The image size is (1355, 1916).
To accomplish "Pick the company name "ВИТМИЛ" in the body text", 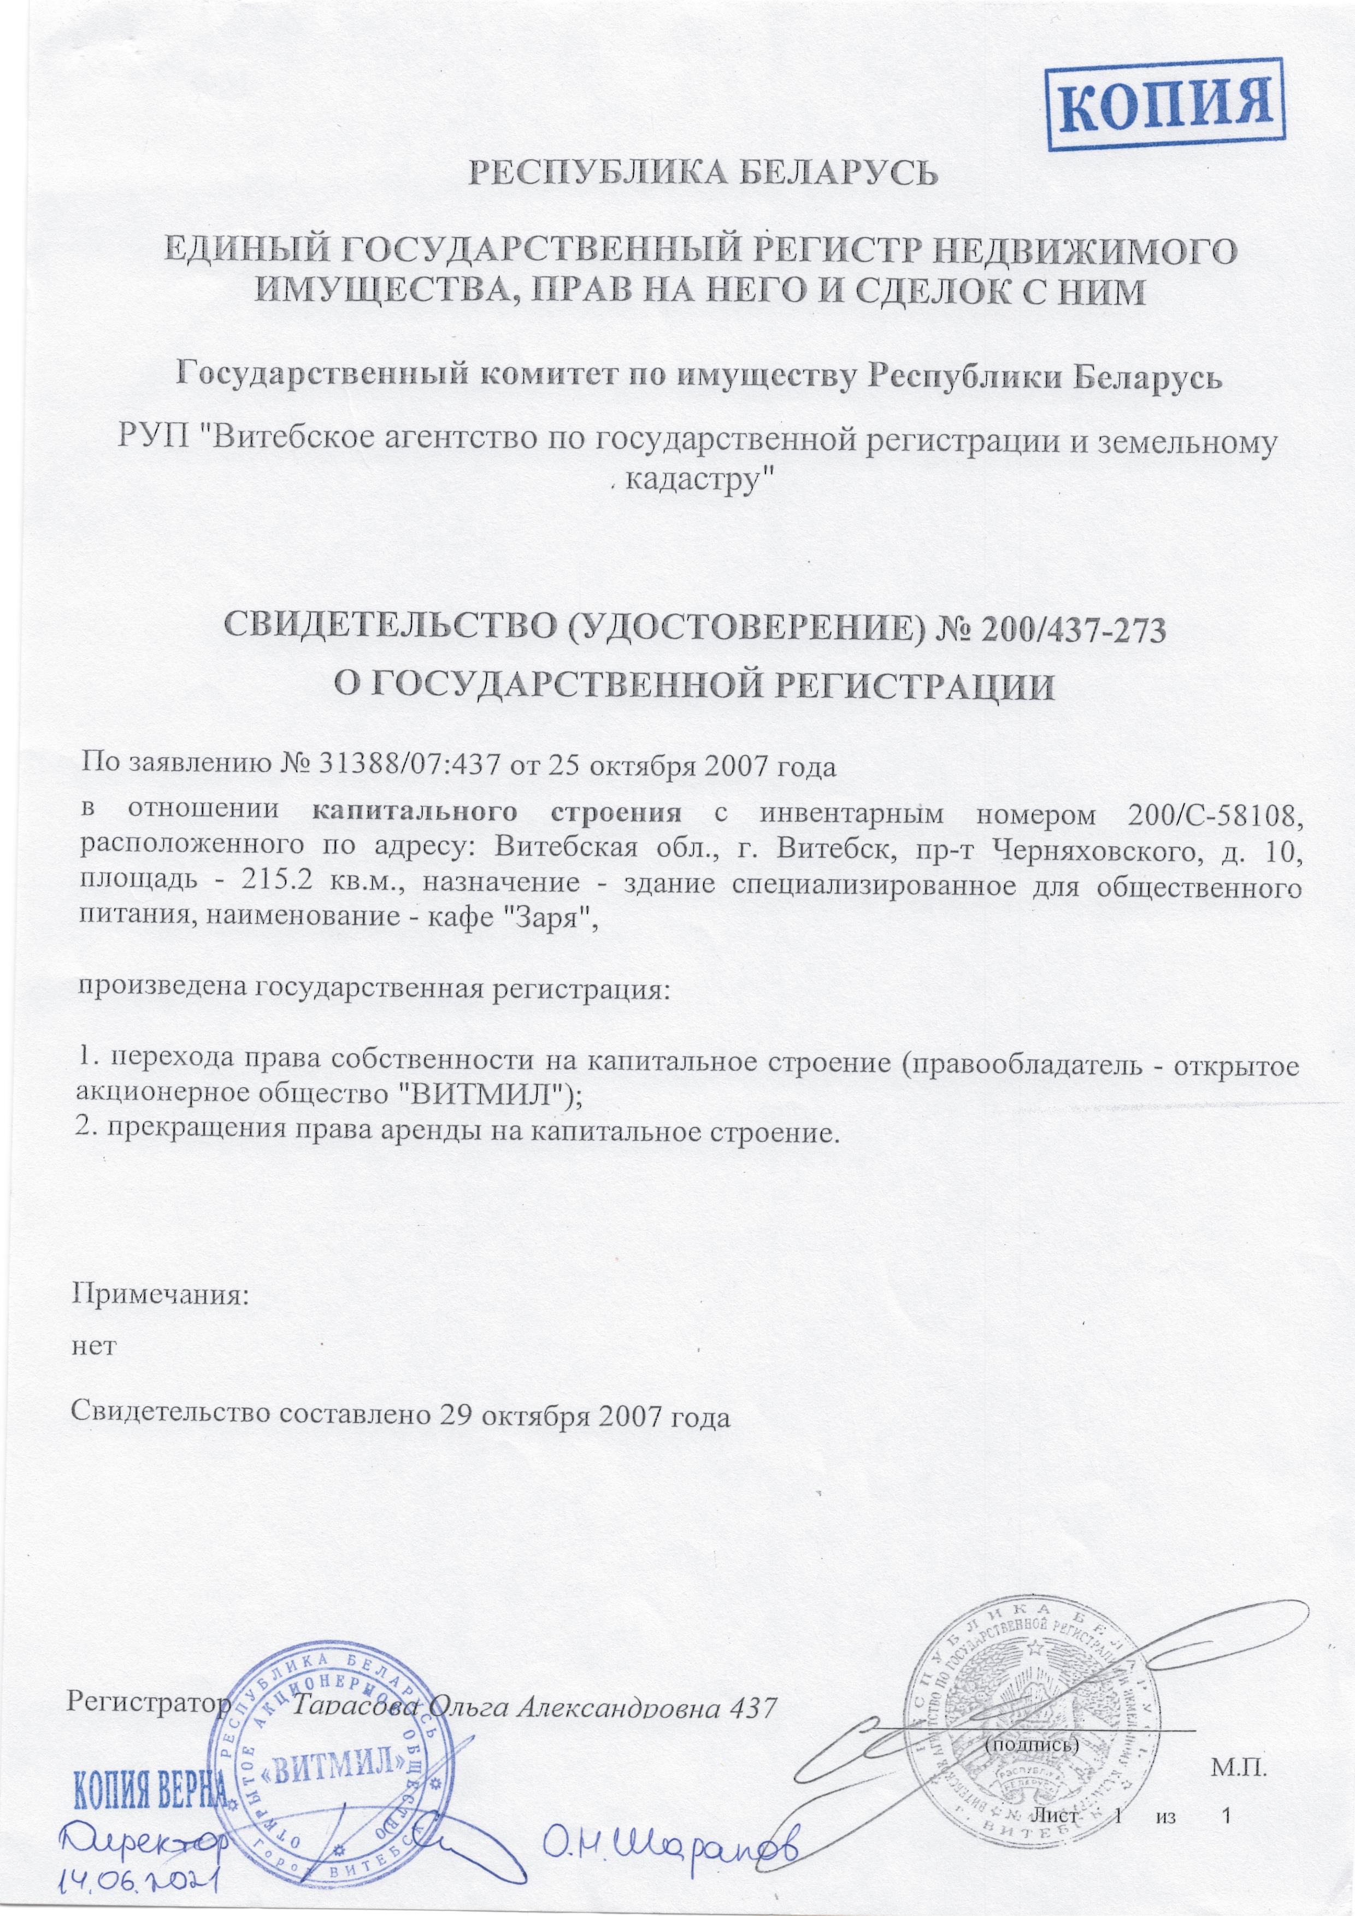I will click(x=479, y=1095).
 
